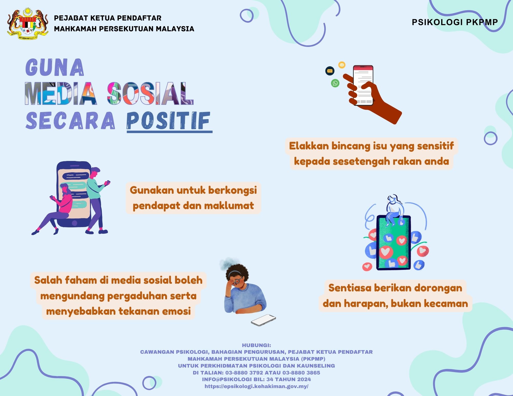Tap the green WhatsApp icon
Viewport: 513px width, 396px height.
pos(335,83)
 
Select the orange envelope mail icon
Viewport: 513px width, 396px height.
pos(342,65)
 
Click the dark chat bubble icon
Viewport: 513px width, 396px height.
pos(330,71)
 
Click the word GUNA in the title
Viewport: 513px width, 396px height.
pos(55,67)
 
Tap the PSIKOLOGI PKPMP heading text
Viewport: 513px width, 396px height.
pos(455,22)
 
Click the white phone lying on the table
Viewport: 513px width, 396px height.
pos(263,320)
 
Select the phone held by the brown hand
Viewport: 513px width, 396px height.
pos(363,85)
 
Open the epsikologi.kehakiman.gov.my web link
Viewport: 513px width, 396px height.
pos(256,386)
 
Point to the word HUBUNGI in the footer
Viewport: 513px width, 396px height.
pos(256,345)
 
